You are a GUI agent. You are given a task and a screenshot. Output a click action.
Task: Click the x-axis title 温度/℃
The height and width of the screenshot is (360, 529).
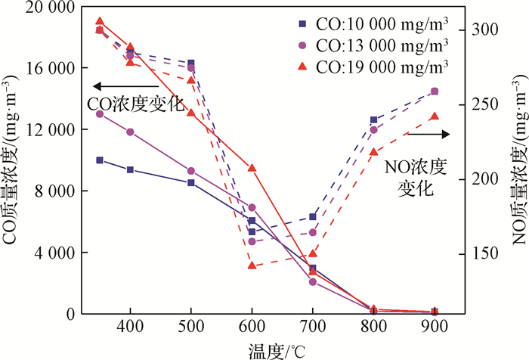click(x=276, y=350)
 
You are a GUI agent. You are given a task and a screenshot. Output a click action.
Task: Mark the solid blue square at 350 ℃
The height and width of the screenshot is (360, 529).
click(x=100, y=160)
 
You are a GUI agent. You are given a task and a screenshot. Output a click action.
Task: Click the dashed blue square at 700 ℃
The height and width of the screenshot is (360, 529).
click(x=313, y=217)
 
